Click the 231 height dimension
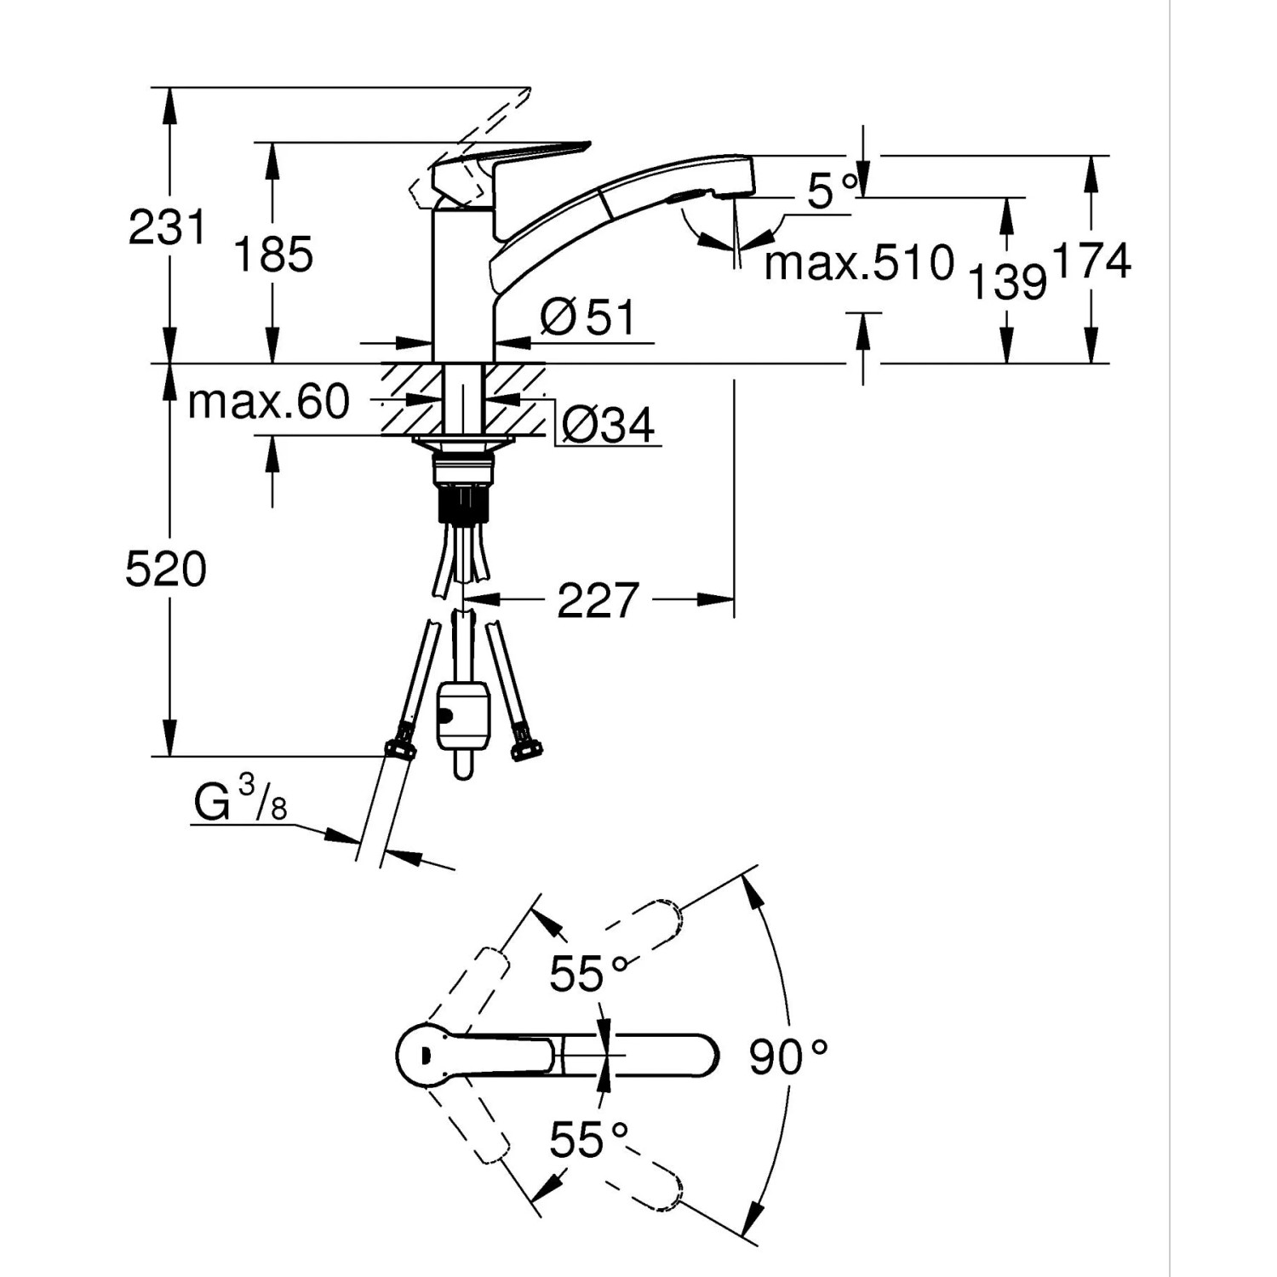point(167,228)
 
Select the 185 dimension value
point(273,255)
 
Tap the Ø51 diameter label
point(588,318)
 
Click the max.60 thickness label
point(268,401)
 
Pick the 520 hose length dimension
point(166,569)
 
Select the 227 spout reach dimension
point(597,600)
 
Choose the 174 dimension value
point(1092,261)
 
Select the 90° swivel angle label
point(787,1057)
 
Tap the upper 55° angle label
point(587,973)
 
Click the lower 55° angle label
point(587,1139)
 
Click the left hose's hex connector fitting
point(399,748)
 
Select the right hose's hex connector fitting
point(524,748)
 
